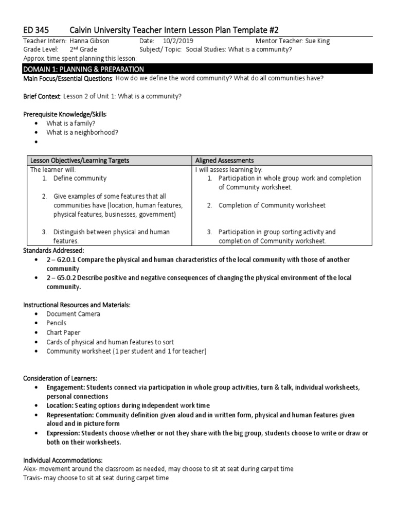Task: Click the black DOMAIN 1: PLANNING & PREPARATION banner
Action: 197,69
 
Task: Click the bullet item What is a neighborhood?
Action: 82,132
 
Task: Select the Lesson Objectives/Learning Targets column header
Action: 79,161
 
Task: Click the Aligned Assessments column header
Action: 224,161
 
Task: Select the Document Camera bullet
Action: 73,314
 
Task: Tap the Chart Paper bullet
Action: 63,332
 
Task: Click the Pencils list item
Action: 56,323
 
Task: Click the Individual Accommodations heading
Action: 63,460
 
